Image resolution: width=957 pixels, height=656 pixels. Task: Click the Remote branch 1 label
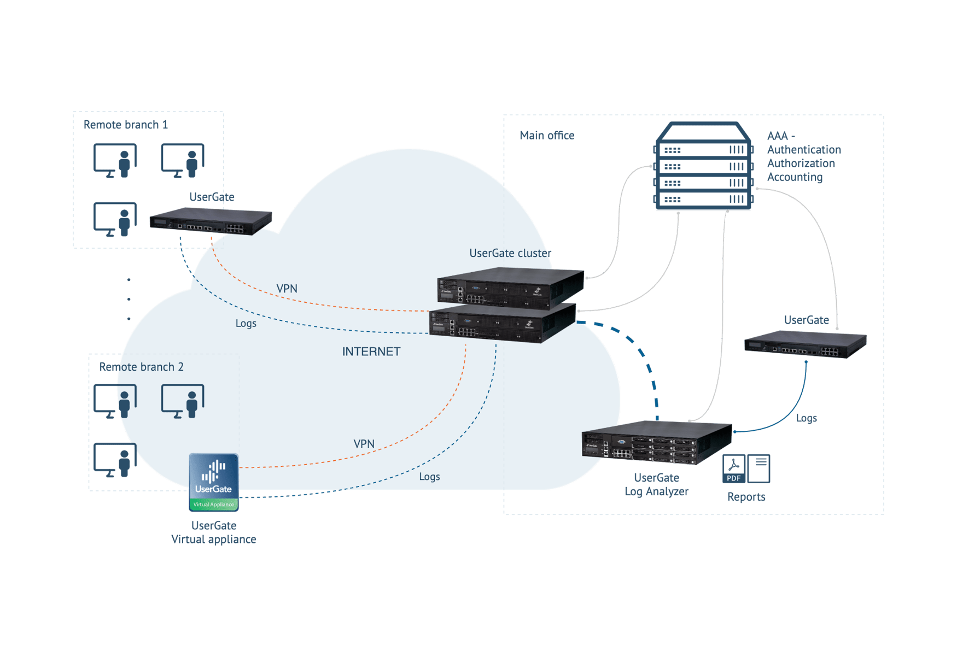125,125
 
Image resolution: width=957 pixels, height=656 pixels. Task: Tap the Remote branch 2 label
141,367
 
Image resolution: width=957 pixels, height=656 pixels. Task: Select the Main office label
546,136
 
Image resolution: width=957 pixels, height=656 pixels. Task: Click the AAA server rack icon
703,166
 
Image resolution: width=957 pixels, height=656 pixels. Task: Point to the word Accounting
795,177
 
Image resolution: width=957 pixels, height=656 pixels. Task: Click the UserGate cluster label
510,253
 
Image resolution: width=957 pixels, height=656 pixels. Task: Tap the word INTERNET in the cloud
371,352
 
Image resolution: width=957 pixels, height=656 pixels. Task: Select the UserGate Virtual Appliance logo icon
214,482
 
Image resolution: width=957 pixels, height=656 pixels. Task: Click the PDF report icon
733,468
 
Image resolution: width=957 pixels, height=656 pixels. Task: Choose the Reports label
746,497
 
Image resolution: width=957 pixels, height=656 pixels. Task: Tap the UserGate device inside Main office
805,344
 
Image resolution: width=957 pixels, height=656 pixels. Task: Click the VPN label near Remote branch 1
287,289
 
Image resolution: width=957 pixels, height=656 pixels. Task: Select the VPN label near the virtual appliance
364,444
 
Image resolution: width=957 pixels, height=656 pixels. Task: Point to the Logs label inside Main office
806,418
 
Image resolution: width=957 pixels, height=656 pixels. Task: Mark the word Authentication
803,150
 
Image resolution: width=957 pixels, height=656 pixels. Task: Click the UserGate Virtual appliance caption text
214,532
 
